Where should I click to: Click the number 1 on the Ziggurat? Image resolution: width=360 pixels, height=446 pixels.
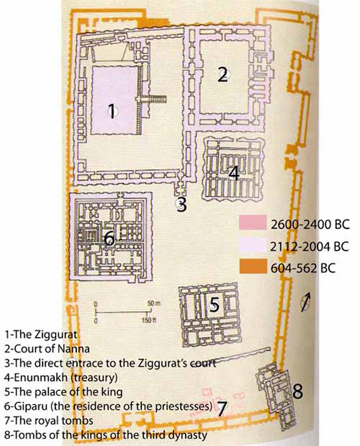(x=113, y=110)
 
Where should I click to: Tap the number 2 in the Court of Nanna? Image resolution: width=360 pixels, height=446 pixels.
(x=222, y=75)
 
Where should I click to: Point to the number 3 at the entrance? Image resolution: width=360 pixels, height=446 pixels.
(x=181, y=204)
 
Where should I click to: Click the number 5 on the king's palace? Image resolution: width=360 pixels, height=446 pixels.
(x=214, y=305)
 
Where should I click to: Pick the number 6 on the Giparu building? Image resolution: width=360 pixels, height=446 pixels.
(x=109, y=238)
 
